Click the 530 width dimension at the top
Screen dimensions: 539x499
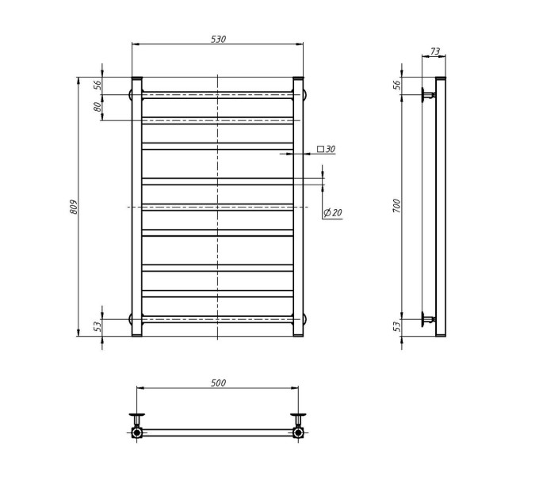(218, 39)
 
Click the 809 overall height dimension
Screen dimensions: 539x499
(74, 207)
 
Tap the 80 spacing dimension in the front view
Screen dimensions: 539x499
(97, 107)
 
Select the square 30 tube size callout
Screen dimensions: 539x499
(326, 149)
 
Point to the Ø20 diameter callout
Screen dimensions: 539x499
(333, 212)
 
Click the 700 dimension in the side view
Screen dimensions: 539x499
(396, 206)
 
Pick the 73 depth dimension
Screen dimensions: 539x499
(435, 51)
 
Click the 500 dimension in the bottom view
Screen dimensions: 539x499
(218, 383)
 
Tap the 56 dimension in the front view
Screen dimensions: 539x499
(97, 85)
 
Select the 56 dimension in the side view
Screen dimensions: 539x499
(396, 85)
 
